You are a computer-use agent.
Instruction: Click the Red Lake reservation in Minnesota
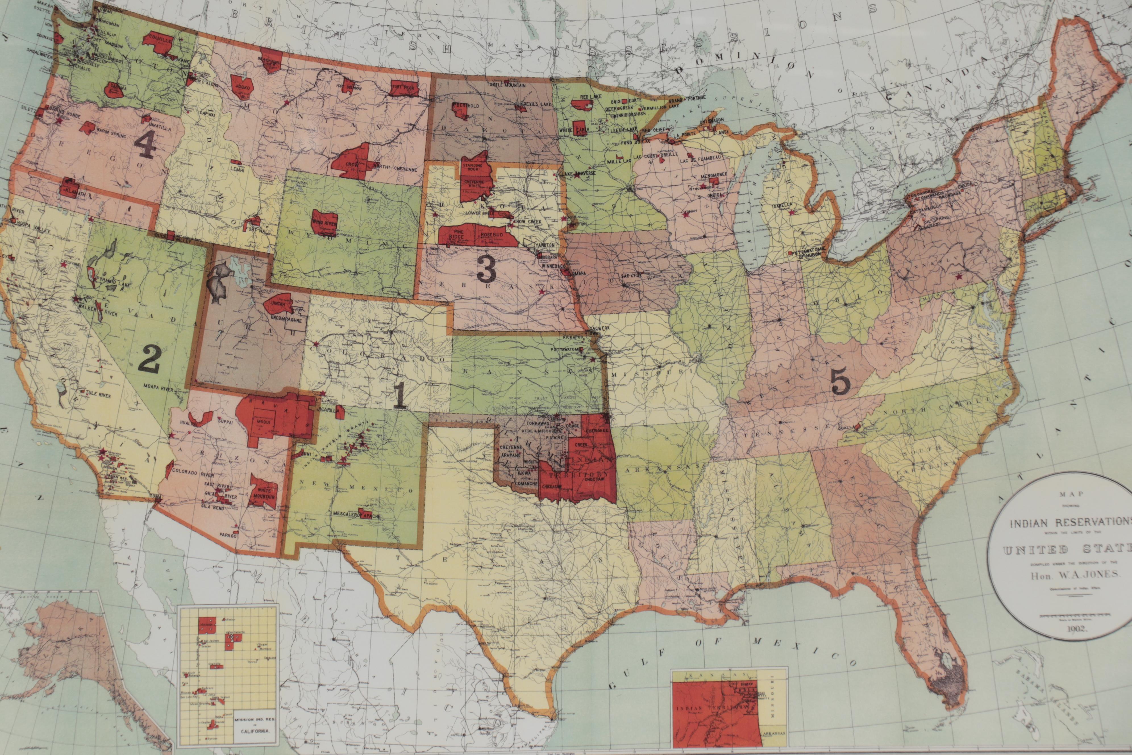(x=584, y=103)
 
